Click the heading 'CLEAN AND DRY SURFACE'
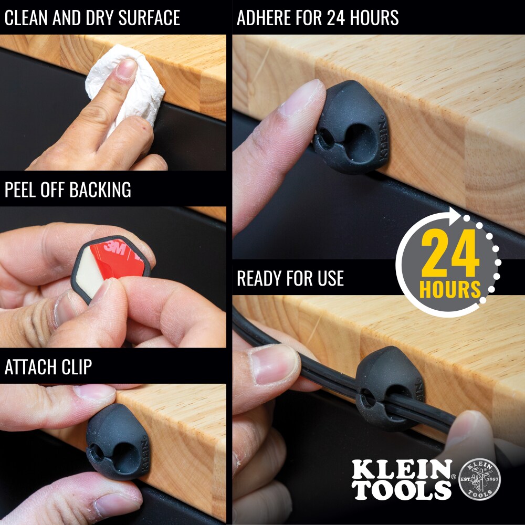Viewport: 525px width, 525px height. coord(92,18)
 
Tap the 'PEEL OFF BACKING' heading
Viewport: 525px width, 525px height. coord(68,190)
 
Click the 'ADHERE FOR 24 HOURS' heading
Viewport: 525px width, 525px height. coord(318,18)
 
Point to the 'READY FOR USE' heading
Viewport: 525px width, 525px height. coord(290,278)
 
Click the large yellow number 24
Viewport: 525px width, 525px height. coord(450,255)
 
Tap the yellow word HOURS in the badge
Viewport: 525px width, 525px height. coord(450,289)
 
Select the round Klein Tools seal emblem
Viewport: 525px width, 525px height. coord(479,479)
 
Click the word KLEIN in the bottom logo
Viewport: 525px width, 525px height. coord(402,469)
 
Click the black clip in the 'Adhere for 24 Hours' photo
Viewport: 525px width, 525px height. coord(349,129)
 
